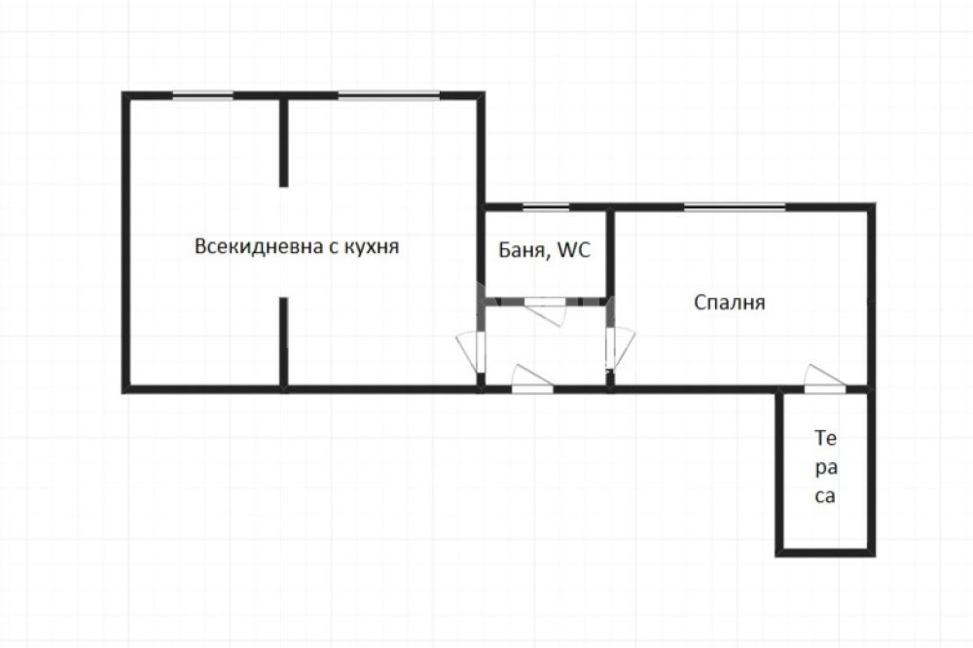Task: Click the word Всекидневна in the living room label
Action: coord(255,246)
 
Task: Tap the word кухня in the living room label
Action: coord(371,247)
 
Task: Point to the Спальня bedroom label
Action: coord(729,303)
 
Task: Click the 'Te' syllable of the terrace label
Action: coord(826,439)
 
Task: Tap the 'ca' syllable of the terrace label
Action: coord(825,496)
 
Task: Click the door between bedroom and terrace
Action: coord(825,379)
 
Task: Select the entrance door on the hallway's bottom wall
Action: coord(532,379)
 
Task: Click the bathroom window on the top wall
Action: coord(546,206)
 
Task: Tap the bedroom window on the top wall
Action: coord(735,206)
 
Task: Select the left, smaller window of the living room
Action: coord(202,95)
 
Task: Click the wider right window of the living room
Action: coord(389,95)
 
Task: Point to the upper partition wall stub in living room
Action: coord(283,142)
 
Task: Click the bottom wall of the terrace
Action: coord(825,553)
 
